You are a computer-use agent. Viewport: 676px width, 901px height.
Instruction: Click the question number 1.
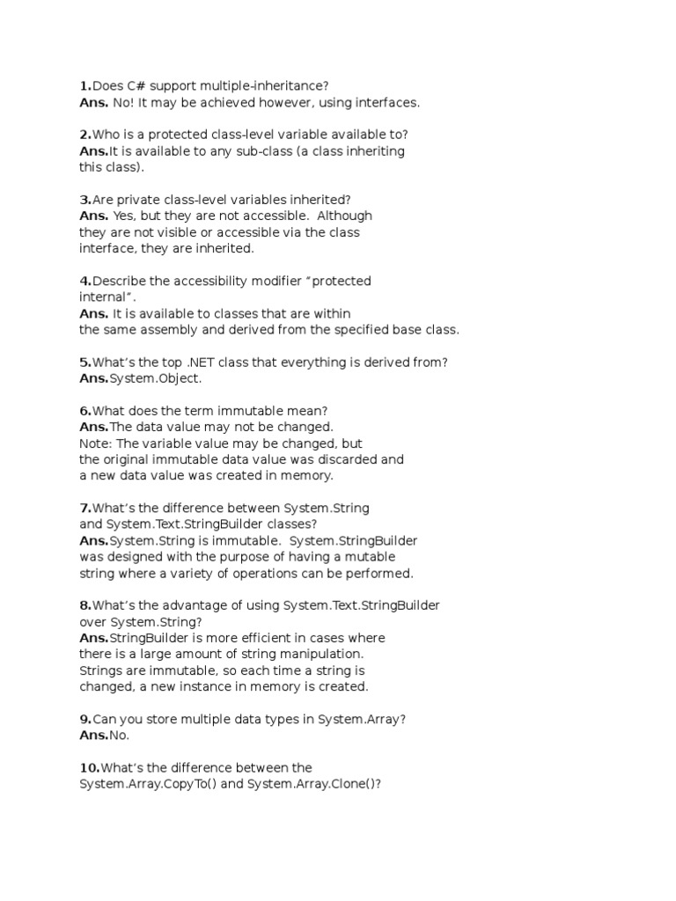pyautogui.click(x=84, y=86)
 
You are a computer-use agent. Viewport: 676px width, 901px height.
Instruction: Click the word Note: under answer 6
pyautogui.click(x=96, y=443)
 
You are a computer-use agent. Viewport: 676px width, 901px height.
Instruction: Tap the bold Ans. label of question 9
pyautogui.click(x=93, y=735)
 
